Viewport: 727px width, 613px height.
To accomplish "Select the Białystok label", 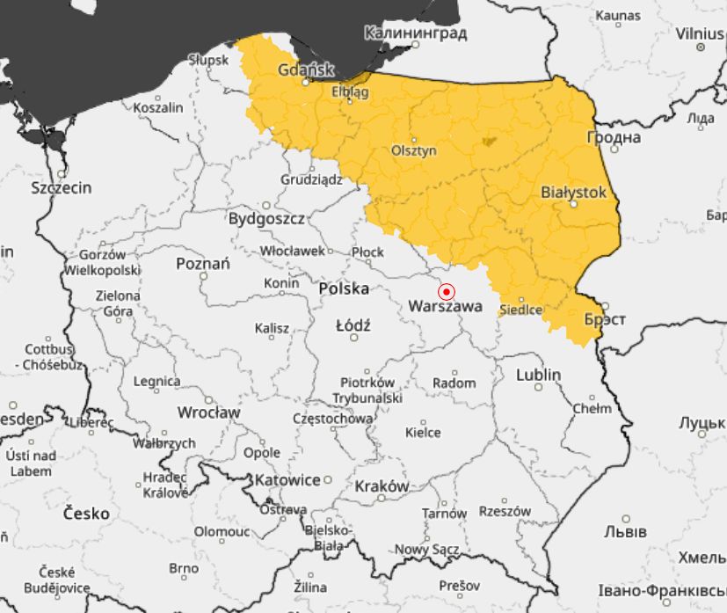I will tap(573, 191).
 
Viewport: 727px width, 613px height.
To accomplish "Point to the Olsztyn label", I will tap(413, 150).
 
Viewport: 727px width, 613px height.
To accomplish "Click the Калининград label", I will tap(415, 33).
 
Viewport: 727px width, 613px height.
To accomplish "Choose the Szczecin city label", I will tap(62, 187).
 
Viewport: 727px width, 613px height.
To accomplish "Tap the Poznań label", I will tap(203, 263).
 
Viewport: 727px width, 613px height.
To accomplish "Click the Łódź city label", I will tap(353, 325).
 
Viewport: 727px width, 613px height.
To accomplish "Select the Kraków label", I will tap(382, 486).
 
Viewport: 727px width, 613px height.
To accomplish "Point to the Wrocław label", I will tap(208, 412).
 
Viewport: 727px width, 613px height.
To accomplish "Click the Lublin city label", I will tap(538, 375).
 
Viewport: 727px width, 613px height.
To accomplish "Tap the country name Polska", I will tap(344, 288).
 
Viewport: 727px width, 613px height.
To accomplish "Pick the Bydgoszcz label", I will tap(266, 218).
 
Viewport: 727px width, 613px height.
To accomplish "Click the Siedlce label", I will tap(520, 310).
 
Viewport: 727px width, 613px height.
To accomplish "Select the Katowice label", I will tap(287, 480).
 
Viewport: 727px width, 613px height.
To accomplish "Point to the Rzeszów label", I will tap(505, 511).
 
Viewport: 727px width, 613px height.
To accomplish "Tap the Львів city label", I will tap(625, 532).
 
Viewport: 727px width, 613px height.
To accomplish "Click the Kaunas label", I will tap(618, 15).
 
